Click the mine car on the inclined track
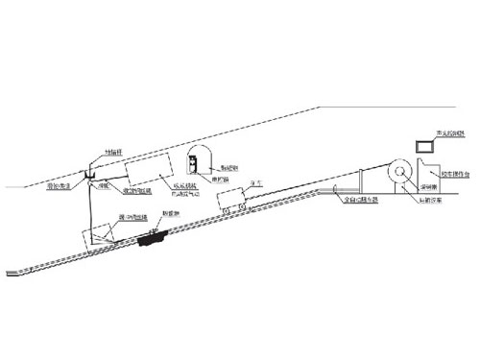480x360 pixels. (231, 200)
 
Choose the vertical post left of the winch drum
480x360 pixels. (356, 183)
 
